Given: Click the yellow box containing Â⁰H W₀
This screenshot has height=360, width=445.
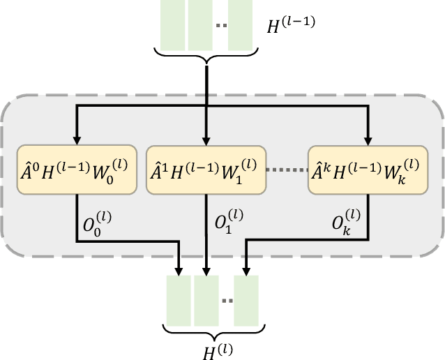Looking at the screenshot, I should click(75, 171).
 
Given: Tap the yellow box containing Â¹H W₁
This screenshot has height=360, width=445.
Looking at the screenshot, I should click(206, 171).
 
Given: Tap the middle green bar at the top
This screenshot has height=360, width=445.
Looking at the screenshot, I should click(199, 24).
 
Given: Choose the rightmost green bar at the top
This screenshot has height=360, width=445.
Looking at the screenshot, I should click(240, 24).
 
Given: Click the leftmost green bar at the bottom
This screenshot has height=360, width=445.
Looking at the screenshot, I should click(179, 301).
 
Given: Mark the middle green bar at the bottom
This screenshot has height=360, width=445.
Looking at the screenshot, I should click(206, 301).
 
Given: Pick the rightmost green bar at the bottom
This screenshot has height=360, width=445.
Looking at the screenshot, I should click(246, 301).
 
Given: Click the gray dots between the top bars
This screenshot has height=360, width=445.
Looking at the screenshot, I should click(220, 27).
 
